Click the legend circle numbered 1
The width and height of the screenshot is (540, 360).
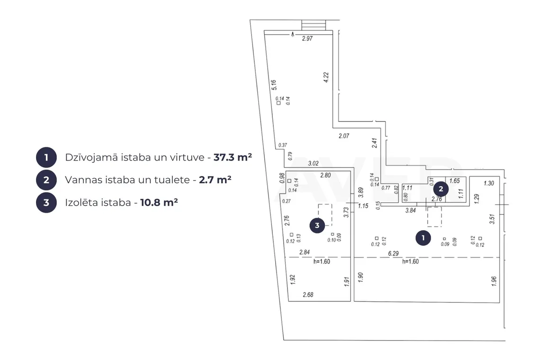click(46, 157)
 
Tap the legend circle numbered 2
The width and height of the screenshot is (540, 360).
click(46, 180)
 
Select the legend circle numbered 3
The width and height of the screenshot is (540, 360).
click(46, 202)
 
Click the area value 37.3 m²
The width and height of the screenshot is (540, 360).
click(233, 157)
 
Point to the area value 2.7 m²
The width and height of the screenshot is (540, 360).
click(215, 180)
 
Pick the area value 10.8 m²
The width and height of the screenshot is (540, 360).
click(159, 202)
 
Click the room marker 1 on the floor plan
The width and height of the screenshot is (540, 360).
click(423, 238)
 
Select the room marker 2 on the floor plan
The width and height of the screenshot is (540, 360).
click(441, 189)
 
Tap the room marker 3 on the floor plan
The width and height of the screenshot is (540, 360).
click(317, 225)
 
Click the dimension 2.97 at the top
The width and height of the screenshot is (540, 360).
click(307, 38)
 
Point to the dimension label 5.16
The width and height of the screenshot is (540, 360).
click(274, 85)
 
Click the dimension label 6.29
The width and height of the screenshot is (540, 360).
click(393, 253)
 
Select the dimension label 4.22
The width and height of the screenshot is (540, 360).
click(326, 77)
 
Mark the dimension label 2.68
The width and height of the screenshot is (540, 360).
click(308, 295)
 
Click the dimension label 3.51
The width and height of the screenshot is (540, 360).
click(492, 219)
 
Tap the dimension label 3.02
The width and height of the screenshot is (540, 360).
click(313, 163)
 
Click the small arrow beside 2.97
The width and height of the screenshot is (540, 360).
click(292, 34)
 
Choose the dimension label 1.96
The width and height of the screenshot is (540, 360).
click(494, 281)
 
